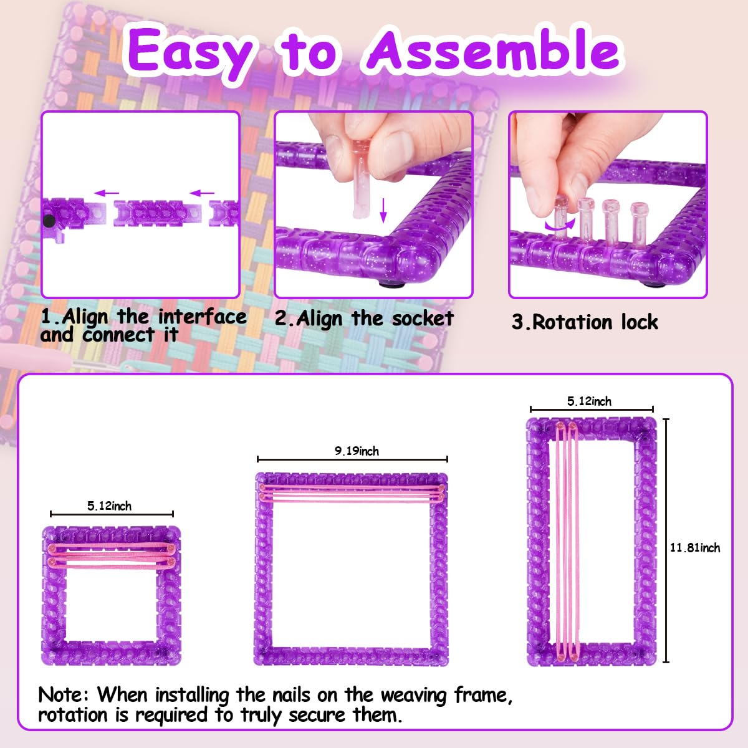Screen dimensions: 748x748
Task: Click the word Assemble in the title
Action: tap(492, 51)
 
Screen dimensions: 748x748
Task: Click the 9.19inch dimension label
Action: tap(357, 451)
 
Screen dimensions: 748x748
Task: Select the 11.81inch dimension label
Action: tap(694, 548)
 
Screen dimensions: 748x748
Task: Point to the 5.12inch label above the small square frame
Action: tap(110, 506)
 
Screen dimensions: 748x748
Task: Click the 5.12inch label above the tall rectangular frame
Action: tap(589, 401)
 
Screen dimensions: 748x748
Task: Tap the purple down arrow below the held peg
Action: tap(383, 209)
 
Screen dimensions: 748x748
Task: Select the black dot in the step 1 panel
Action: tap(49, 221)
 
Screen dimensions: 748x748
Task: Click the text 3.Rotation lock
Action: tap(585, 322)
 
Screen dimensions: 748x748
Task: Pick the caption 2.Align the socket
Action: tap(364, 319)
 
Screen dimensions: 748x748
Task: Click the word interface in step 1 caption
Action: tap(202, 317)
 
